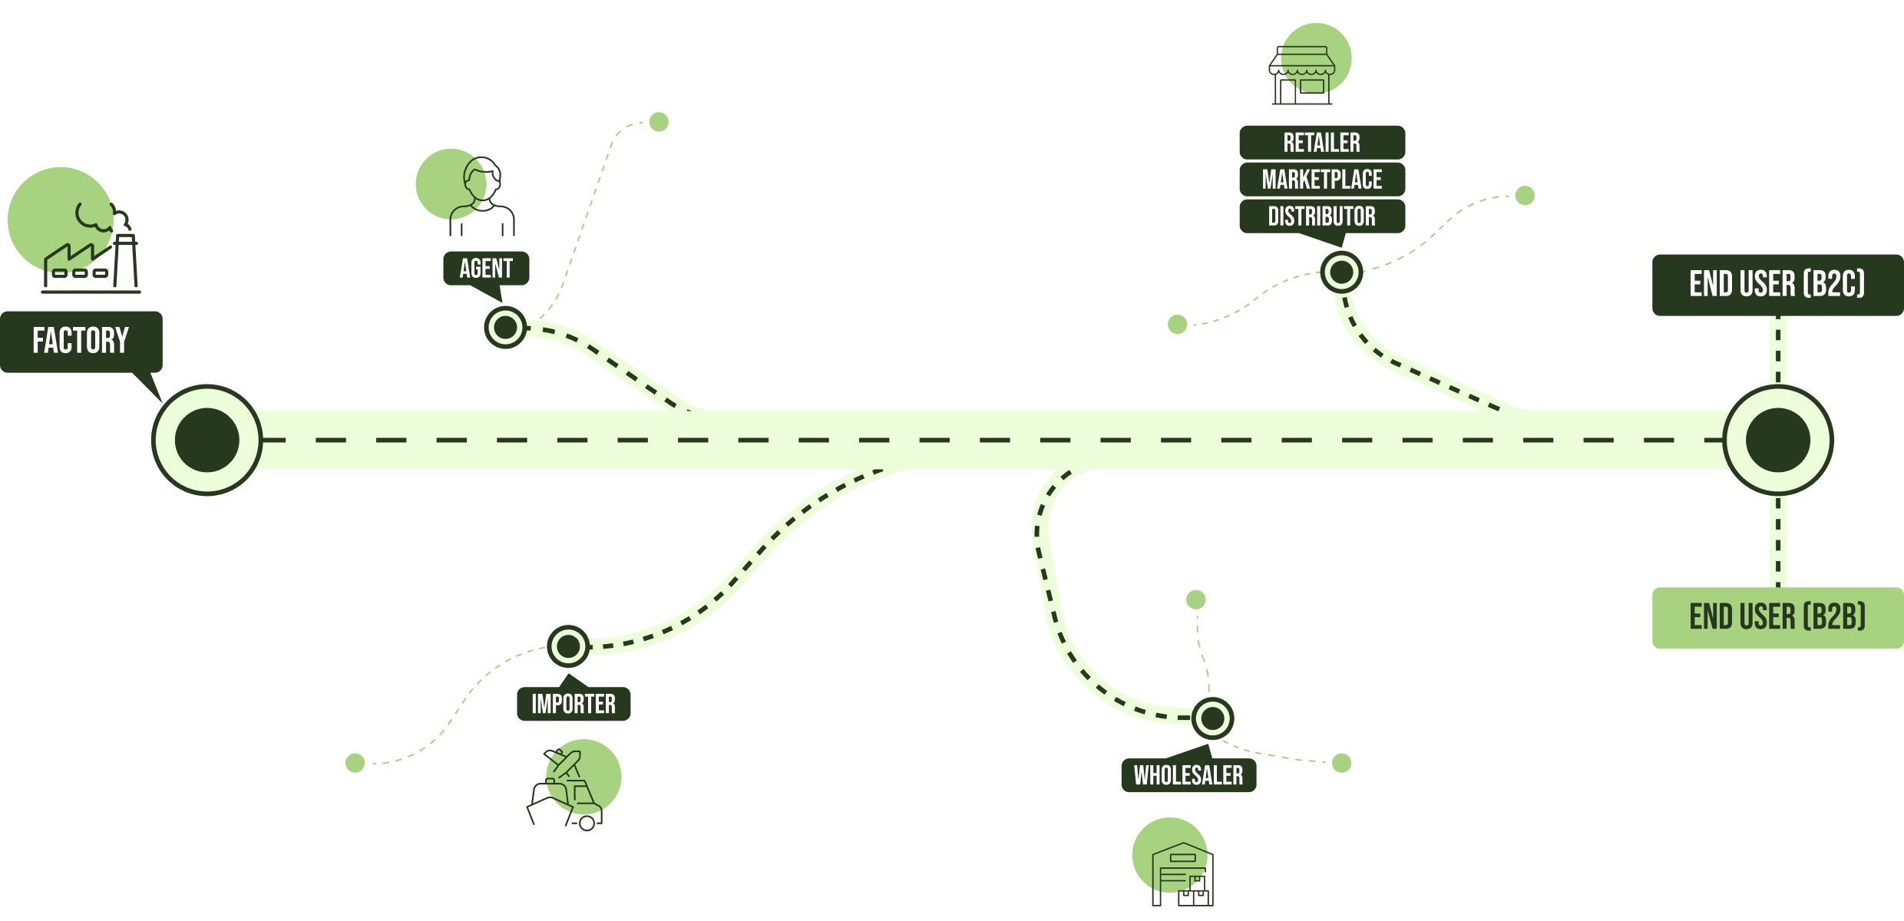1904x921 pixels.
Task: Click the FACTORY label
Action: [x=81, y=341]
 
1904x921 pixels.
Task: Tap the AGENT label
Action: [x=486, y=268]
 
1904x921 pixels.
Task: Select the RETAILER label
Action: [x=1321, y=143]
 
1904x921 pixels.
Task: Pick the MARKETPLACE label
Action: [x=1321, y=180]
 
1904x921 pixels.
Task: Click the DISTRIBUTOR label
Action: [x=1321, y=216]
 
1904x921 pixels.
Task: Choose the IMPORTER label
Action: [x=574, y=704]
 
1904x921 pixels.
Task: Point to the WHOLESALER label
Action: [x=1188, y=775]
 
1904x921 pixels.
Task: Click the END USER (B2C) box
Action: [x=1777, y=285]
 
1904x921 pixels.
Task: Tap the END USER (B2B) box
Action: [x=1777, y=618]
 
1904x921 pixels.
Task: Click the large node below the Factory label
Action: [x=207, y=440]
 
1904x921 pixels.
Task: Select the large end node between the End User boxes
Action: [x=1777, y=440]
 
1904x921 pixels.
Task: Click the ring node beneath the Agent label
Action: [x=505, y=328]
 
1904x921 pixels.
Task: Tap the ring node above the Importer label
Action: [x=568, y=646]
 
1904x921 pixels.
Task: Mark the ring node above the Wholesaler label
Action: [x=1213, y=718]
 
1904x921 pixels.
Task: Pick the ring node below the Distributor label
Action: [x=1341, y=272]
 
